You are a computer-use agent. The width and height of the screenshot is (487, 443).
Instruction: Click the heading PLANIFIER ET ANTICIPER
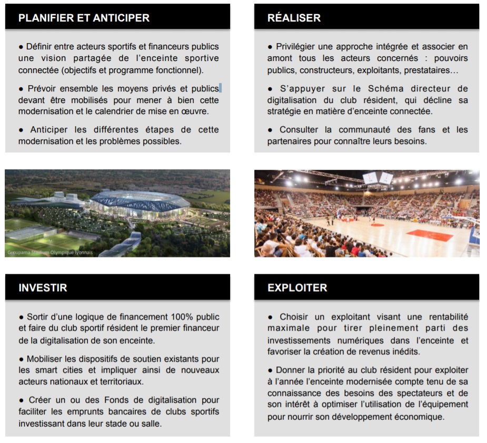[84, 18]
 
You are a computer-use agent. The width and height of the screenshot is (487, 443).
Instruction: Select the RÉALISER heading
[294, 18]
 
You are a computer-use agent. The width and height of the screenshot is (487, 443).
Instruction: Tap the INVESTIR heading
[43, 288]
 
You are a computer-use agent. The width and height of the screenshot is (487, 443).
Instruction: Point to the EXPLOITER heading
[297, 288]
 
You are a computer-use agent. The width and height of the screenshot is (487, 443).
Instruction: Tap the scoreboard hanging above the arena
[378, 179]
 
